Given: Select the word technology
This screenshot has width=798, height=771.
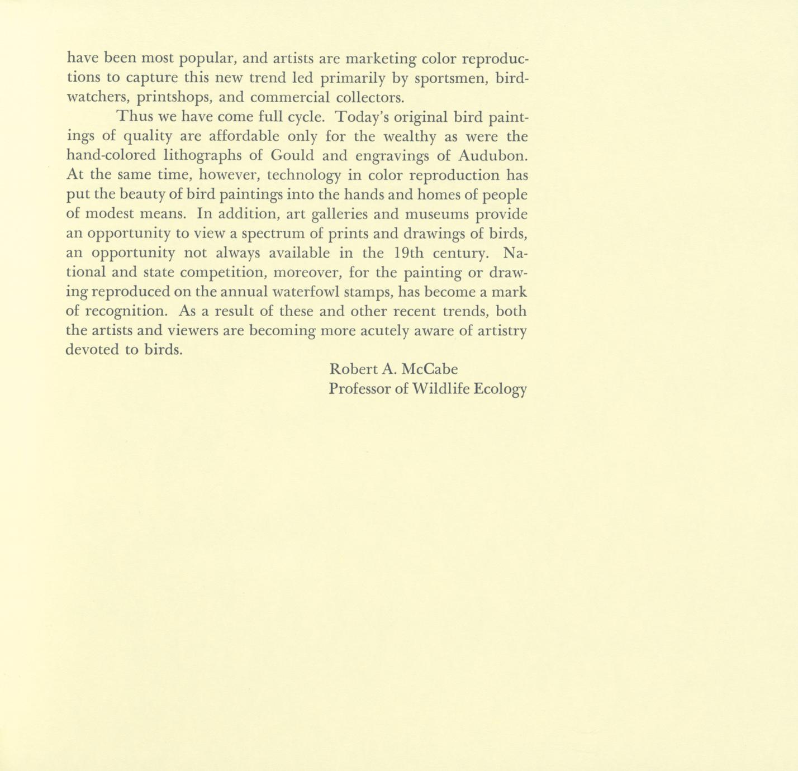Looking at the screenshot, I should pyautogui.click(x=303, y=175).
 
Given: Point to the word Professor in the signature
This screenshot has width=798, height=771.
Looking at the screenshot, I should pyautogui.click(x=360, y=389).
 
